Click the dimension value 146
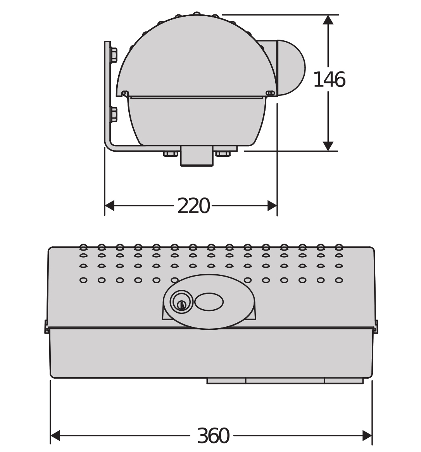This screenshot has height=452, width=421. click(329, 80)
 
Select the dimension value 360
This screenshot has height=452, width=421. click(213, 435)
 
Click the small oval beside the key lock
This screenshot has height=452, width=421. click(209, 302)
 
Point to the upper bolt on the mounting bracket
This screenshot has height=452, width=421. click(114, 55)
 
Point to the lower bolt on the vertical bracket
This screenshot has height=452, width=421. click(114, 114)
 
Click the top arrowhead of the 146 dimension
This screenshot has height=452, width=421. click(328, 20)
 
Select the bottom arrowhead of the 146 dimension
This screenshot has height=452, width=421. click(328, 146)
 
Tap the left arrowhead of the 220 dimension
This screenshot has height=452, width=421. click(109, 206)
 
